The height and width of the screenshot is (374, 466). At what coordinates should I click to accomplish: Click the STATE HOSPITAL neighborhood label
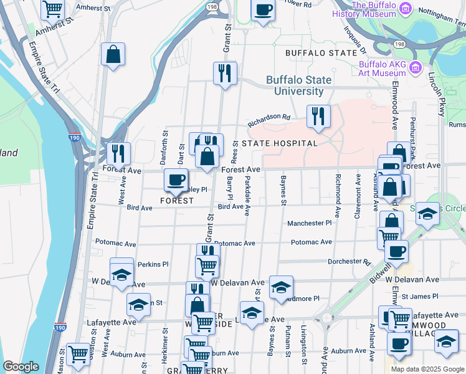coord(280,143)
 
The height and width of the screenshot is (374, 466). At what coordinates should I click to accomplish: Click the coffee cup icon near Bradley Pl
coord(176,181)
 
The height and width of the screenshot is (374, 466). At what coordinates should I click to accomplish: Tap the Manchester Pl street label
coord(309,223)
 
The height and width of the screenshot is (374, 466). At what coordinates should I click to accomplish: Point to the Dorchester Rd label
coord(349,262)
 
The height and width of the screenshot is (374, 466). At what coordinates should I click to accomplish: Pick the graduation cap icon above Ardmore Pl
coord(281,287)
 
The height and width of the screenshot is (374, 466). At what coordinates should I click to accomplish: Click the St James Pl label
coord(421,297)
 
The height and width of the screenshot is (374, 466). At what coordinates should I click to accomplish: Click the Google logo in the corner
coord(21,367)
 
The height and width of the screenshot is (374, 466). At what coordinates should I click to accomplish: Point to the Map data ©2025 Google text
coord(427,369)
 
